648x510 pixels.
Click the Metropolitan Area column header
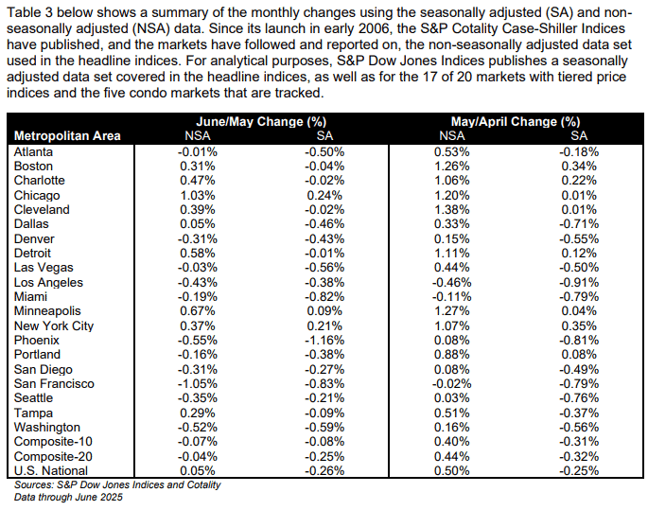tap(67, 136)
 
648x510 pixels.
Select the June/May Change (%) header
tap(261, 121)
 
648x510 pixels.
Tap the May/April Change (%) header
tap(516, 121)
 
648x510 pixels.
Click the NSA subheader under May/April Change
tap(451, 136)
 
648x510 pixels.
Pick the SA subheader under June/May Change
tap(324, 136)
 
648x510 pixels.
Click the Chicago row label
tap(37, 196)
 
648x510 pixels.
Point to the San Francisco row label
tap(54, 384)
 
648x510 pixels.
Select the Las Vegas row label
tap(44, 268)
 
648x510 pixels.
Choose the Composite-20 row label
tap(53, 457)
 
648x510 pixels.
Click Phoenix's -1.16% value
tap(324, 341)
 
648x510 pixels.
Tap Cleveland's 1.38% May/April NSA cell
tap(451, 210)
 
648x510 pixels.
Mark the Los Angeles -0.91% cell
tap(579, 283)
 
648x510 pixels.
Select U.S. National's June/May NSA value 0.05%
tap(198, 471)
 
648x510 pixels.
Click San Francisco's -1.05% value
tap(198, 384)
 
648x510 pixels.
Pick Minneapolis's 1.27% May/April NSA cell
tap(451, 311)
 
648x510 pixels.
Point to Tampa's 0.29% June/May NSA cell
tap(198, 413)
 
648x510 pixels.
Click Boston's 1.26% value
tap(451, 167)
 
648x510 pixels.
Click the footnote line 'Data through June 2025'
tap(68, 497)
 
